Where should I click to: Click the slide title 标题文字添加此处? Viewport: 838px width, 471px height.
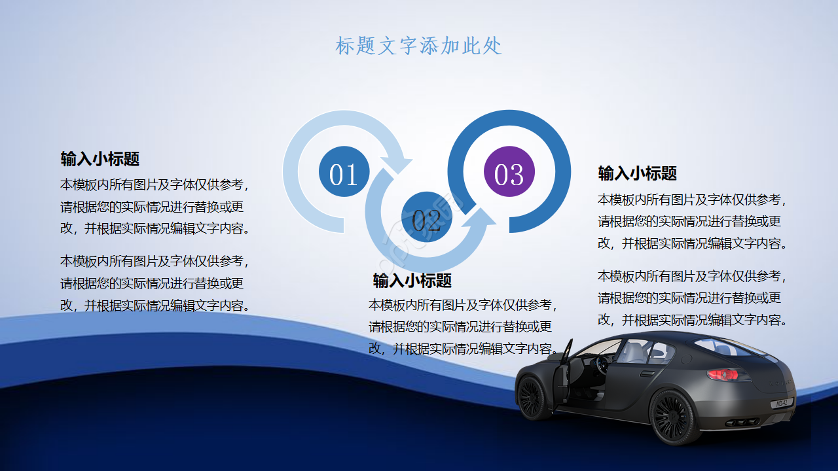418,46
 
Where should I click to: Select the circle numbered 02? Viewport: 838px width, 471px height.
426,217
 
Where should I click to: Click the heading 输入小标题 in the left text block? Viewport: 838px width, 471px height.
100,159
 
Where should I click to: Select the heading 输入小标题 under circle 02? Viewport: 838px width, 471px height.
412,281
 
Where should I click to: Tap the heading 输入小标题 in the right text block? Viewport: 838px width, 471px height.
637,173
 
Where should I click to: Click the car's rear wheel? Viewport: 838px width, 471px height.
671,417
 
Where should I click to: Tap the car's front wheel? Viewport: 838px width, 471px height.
532,396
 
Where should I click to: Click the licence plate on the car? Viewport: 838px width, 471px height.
782,404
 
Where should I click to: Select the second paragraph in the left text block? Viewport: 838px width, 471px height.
155,283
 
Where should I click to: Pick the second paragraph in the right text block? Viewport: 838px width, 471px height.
692,298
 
